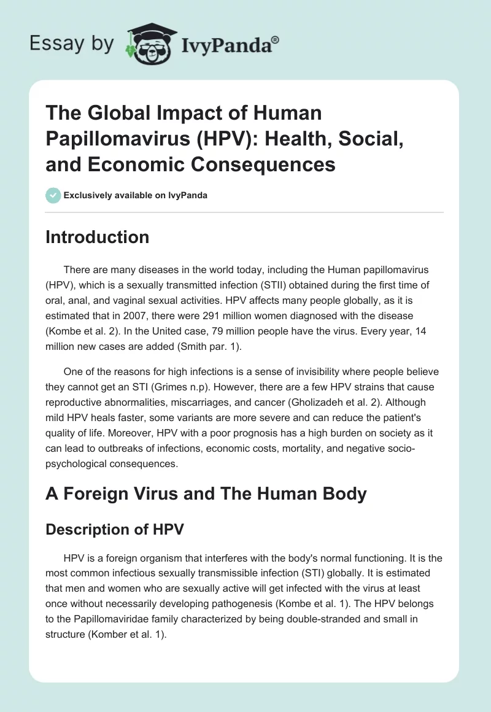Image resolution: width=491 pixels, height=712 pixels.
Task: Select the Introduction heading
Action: click(x=98, y=237)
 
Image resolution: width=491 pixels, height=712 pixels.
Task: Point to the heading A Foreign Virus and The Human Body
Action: click(x=206, y=494)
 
